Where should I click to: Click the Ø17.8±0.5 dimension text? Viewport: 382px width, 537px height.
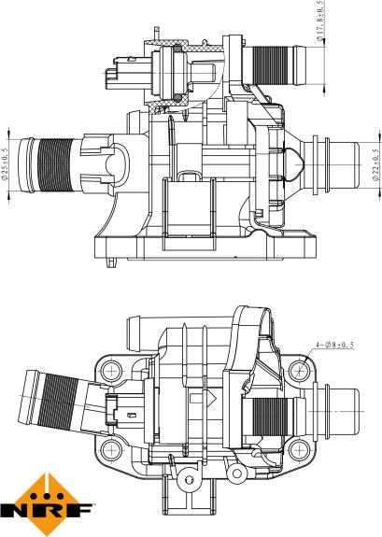coord(319,21)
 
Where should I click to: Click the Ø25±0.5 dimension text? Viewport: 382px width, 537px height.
coord(5,164)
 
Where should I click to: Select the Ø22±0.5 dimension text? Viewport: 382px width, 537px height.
coord(375,164)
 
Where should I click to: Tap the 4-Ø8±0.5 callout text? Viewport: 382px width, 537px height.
coord(334,345)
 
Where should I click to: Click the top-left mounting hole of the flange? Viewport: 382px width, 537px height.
coord(112,371)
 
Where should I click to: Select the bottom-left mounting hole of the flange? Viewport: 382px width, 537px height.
coord(112,450)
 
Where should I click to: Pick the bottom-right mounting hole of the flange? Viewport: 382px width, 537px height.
coord(299,450)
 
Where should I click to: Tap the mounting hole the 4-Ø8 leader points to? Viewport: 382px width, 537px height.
coord(299,371)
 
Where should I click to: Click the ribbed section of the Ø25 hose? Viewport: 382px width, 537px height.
coord(55,165)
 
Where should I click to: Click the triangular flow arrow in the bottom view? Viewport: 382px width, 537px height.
coord(212,398)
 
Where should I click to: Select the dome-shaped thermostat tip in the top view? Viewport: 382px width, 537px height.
coord(293,164)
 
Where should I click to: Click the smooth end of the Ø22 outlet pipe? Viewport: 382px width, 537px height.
coord(345,164)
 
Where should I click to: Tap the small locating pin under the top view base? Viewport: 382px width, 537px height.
coord(111,262)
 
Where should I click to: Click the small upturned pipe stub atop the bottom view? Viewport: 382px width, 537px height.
coord(135,333)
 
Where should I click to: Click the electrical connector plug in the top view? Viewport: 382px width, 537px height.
coord(126,74)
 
